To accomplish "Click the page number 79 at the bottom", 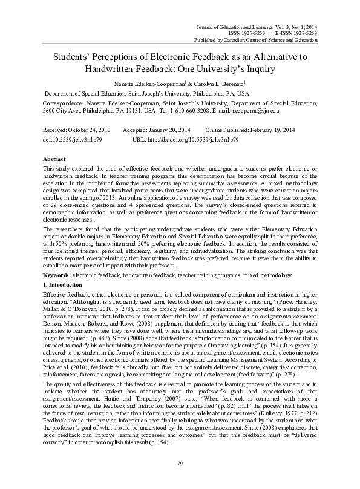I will pyautogui.click(x=180, y=480).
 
